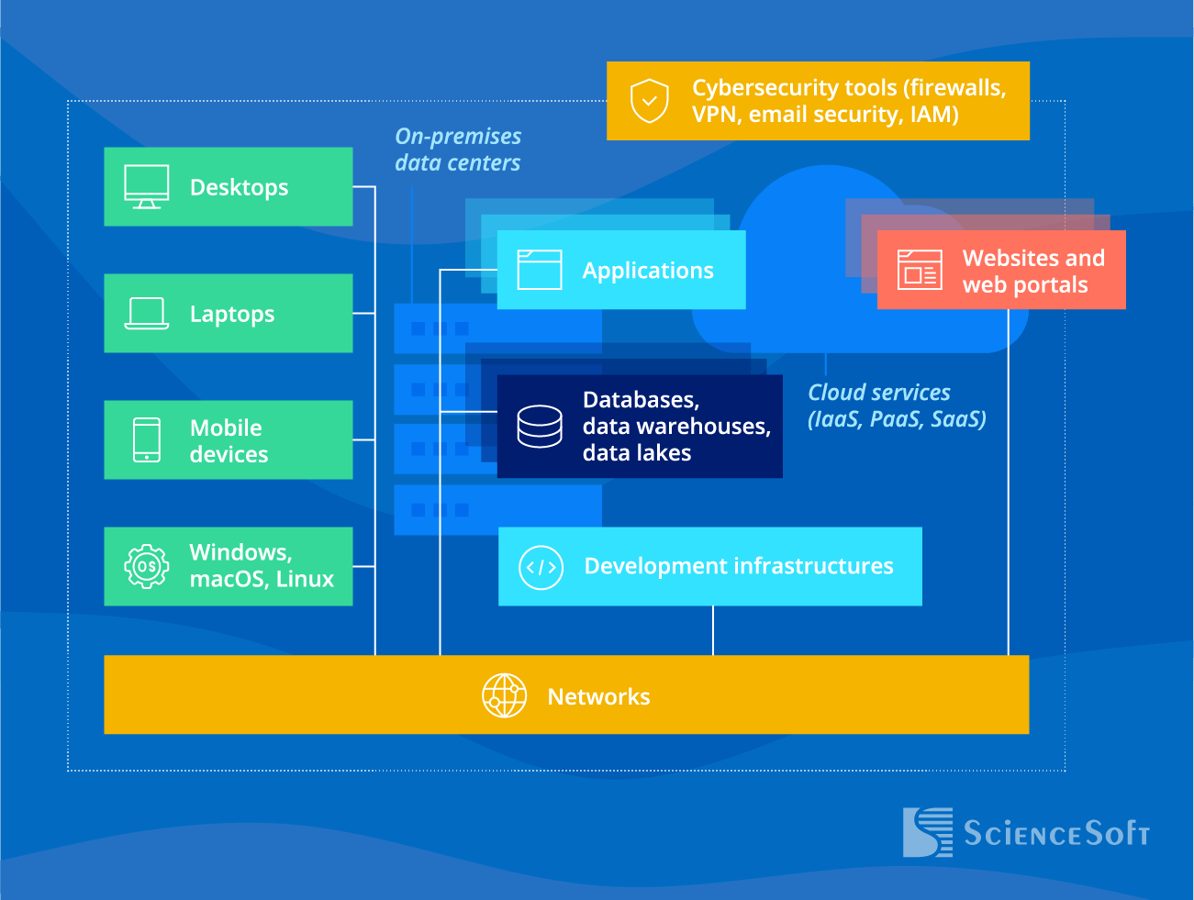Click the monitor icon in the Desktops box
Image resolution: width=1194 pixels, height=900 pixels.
point(147,187)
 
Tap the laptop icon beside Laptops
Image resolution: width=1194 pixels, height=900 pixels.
point(147,314)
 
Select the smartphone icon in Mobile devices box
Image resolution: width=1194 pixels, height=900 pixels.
point(147,440)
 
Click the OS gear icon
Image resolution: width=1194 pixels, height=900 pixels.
point(147,566)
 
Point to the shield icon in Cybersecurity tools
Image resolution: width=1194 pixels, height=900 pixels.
point(649,101)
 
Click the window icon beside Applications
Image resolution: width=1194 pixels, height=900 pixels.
point(540,270)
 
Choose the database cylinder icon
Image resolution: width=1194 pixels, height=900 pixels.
point(540,427)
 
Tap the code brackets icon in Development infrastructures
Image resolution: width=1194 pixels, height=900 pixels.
point(541,567)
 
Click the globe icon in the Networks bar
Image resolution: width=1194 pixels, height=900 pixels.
point(505,695)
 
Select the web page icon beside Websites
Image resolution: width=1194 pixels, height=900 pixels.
point(920,270)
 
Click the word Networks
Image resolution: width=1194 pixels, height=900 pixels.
point(598,697)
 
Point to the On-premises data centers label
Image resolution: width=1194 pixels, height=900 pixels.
point(458,150)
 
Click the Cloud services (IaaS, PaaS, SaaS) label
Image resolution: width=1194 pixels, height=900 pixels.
point(897,406)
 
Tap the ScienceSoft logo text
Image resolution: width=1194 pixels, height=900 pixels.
point(1055,833)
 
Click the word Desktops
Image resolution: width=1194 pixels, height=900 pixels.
point(239,187)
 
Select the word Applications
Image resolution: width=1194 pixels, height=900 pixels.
point(648,271)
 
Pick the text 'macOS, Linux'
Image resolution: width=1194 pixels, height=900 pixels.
point(262,580)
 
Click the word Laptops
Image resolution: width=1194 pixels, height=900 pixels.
point(232,314)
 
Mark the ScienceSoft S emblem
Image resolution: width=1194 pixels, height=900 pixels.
point(927,832)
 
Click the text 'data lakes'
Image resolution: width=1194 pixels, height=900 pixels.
point(637,453)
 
